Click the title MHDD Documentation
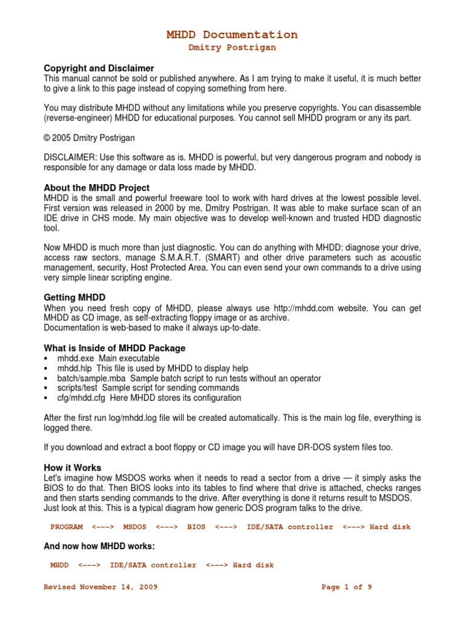(x=232, y=35)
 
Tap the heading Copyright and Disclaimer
(x=99, y=68)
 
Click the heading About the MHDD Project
(x=97, y=188)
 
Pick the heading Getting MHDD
(x=74, y=298)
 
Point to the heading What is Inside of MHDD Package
(x=114, y=348)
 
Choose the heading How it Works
(x=73, y=467)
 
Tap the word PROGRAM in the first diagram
(x=67, y=527)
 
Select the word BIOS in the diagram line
(x=197, y=527)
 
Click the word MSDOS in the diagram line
(x=135, y=527)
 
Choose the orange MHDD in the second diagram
(x=59, y=565)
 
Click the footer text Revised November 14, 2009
(x=101, y=587)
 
